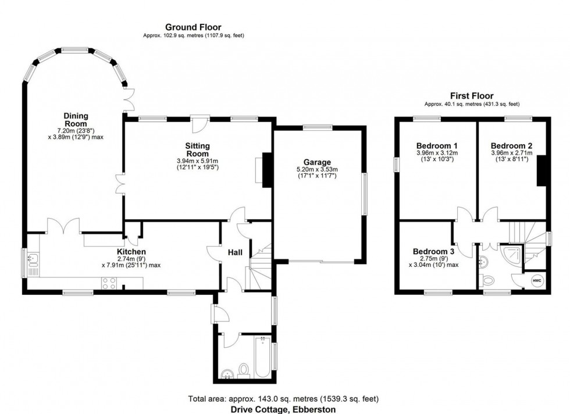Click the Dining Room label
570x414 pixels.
point(76,120)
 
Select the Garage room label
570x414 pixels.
point(317,162)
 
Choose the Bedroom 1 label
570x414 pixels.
point(437,145)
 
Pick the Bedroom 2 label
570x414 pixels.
point(511,145)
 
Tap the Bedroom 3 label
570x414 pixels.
point(433,251)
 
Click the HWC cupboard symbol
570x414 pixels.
point(536,280)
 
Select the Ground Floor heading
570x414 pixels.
point(193,27)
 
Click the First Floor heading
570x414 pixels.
point(471,96)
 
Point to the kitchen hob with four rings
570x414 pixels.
point(108,283)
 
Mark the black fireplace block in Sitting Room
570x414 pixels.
point(268,170)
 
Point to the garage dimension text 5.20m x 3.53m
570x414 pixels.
point(317,170)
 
